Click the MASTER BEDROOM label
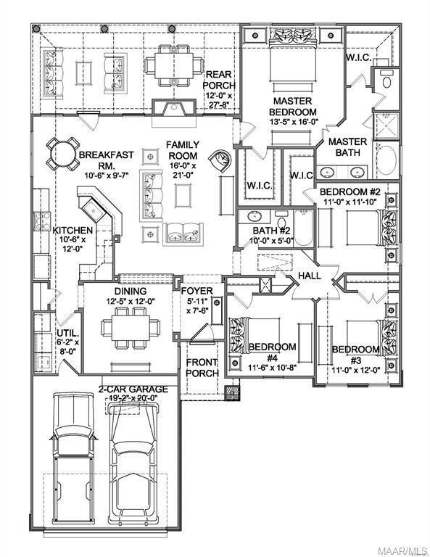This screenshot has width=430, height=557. [x=294, y=107]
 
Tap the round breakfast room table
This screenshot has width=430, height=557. [x=61, y=153]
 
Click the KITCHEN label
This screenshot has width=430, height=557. [x=73, y=230]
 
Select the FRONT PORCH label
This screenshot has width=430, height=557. [x=202, y=368]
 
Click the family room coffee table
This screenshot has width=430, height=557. [x=181, y=196]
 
